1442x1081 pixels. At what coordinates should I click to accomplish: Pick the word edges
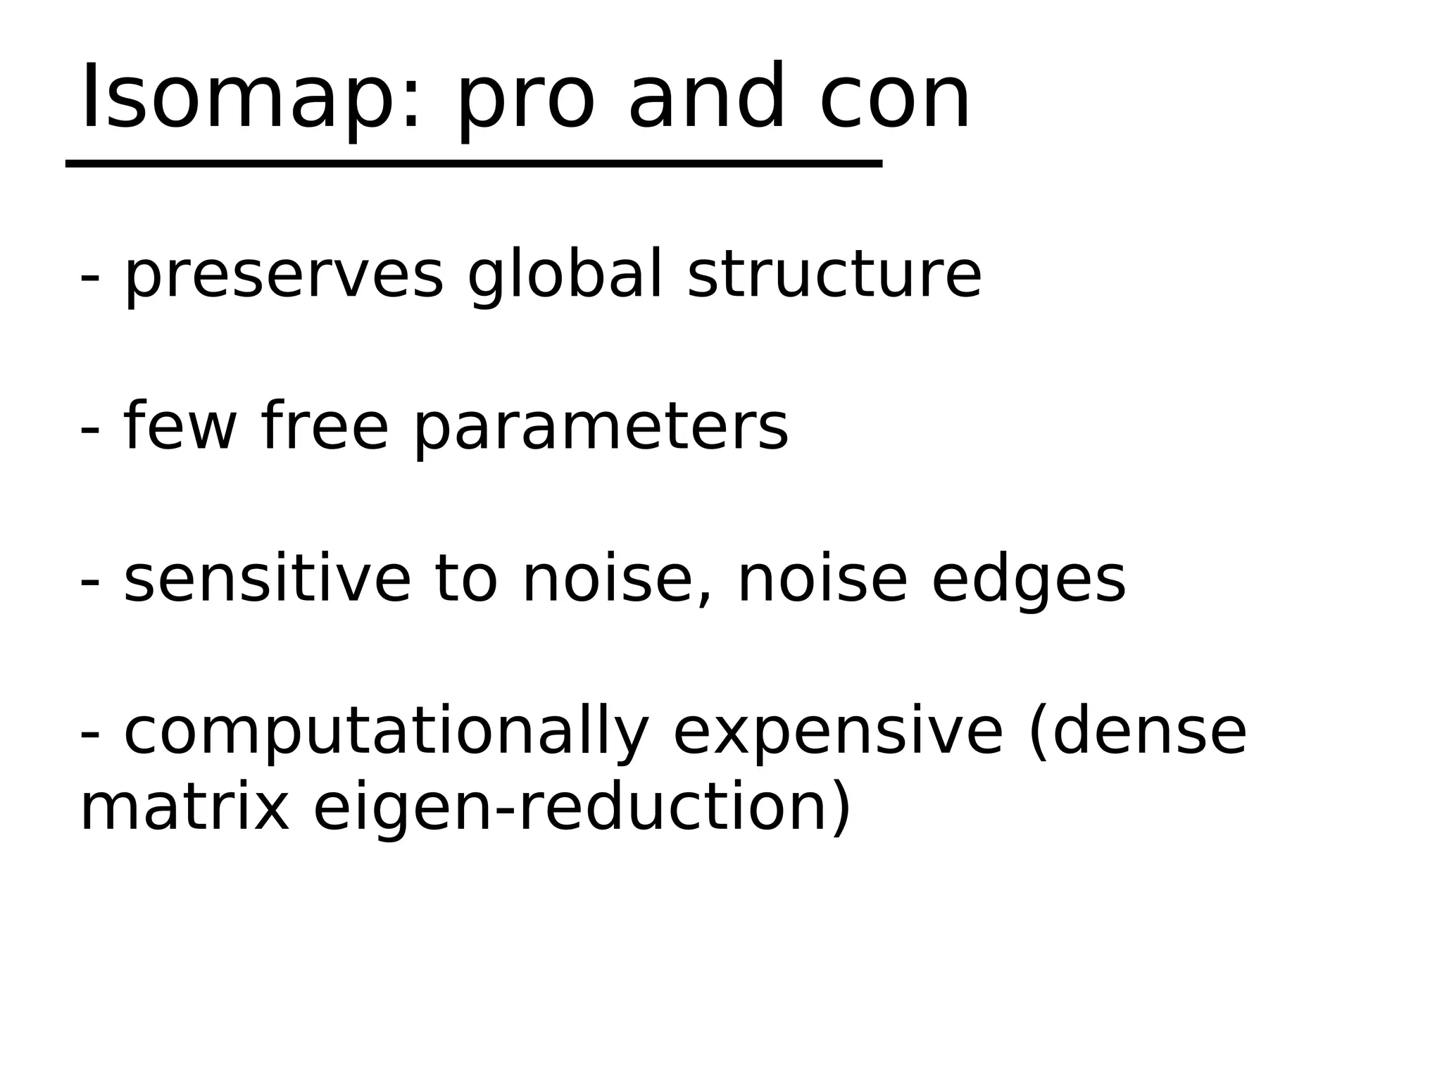point(1029,582)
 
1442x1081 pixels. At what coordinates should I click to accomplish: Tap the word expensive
point(838,734)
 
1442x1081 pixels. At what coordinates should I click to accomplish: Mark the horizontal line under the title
point(473,163)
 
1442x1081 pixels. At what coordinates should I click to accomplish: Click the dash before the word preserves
point(90,279)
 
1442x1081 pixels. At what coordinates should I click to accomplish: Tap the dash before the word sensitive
point(90,584)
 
